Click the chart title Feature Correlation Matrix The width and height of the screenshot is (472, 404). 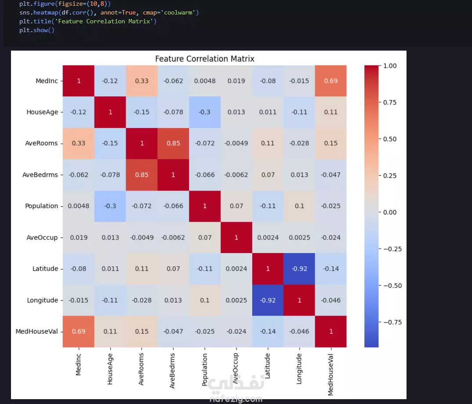[x=204, y=59]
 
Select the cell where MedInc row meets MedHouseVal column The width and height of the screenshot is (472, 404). [x=330, y=81]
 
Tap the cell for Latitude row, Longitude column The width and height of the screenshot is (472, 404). [x=299, y=269]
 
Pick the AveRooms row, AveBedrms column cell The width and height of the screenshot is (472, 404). [x=173, y=143]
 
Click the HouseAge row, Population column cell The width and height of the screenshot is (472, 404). [x=204, y=112]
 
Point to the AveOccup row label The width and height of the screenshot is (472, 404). [x=42, y=238]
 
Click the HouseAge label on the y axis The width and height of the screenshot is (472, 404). [x=42, y=112]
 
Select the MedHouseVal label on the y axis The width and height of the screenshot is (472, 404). [x=37, y=331]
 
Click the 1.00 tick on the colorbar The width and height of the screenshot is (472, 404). [x=390, y=66]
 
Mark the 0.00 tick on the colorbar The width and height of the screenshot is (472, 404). [x=390, y=212]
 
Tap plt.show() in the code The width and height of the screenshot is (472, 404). [x=36, y=30]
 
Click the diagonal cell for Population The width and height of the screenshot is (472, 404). [x=204, y=206]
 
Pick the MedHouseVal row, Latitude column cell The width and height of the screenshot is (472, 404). [x=268, y=331]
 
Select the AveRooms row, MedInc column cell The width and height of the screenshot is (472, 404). [x=78, y=143]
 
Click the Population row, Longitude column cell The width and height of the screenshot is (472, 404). [x=299, y=206]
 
